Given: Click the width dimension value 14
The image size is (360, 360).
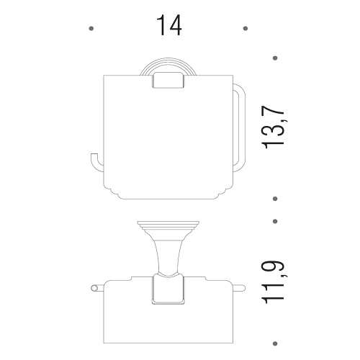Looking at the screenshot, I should [x=167, y=27].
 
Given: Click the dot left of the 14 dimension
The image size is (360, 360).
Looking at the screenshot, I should [x=90, y=29].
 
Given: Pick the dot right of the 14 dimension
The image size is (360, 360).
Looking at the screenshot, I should [x=246, y=29].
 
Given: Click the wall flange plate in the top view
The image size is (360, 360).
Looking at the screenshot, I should [x=168, y=225].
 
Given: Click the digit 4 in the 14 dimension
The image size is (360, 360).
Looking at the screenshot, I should [x=174, y=27].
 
